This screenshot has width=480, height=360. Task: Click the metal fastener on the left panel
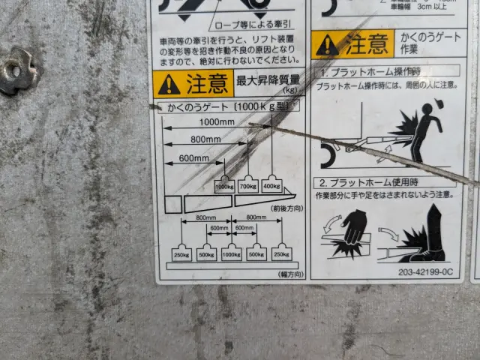[x=16, y=71]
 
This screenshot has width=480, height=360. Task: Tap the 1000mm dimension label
[x=217, y=122]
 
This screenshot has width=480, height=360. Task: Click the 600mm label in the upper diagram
[x=193, y=157]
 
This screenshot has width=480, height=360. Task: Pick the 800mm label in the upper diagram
[x=205, y=139]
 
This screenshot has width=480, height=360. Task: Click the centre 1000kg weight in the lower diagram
[x=232, y=253]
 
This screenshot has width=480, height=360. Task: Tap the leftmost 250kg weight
[x=181, y=253]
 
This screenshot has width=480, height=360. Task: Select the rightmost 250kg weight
[x=282, y=253]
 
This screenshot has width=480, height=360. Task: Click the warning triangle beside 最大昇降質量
[x=169, y=84]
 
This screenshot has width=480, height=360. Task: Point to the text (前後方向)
[x=286, y=208]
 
